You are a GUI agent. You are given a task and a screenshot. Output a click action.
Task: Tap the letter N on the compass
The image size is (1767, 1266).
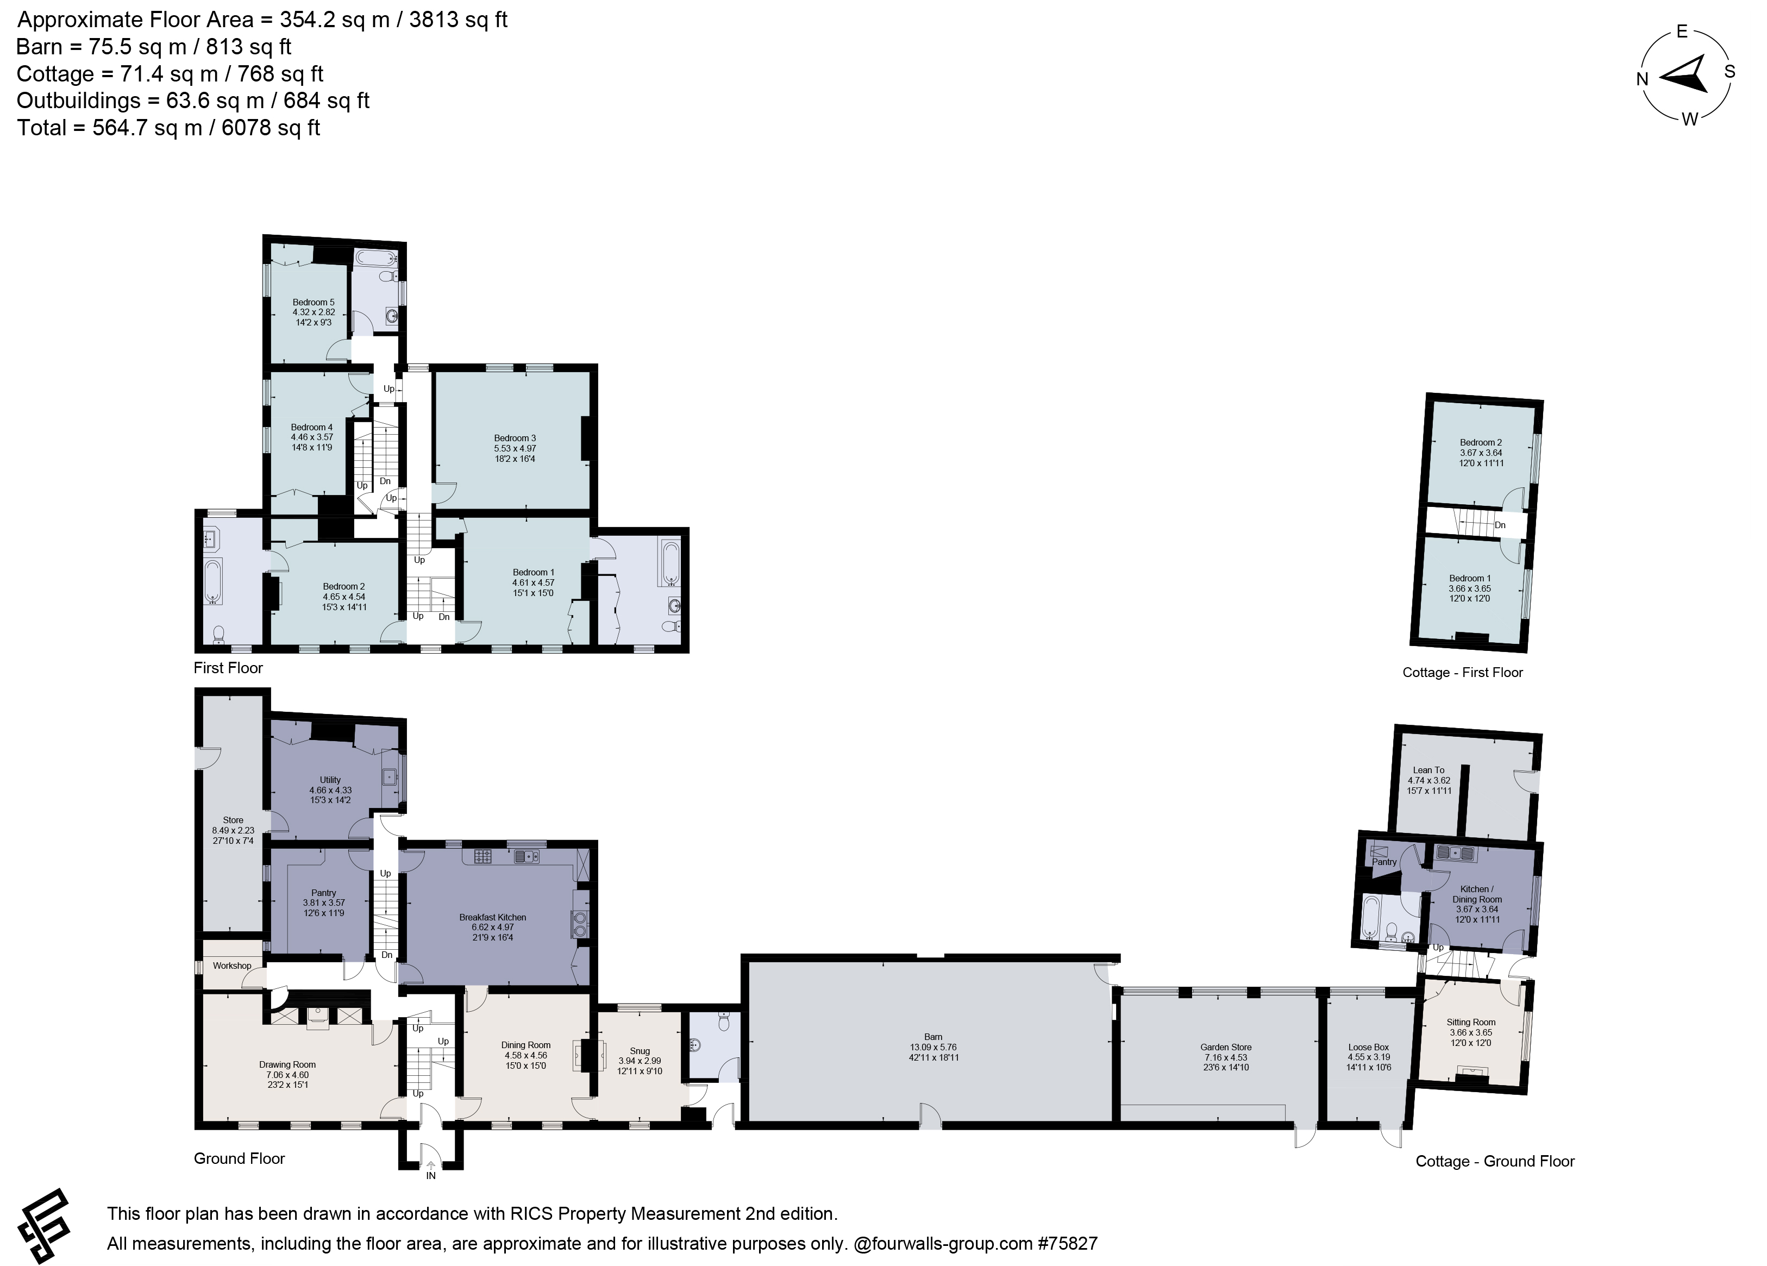click(1641, 79)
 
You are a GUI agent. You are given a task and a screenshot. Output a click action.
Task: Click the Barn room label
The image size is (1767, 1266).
click(932, 1037)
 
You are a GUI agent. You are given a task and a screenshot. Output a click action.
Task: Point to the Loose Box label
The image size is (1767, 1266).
click(1368, 1047)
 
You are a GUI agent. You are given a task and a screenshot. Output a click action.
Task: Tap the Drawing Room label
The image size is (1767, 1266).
click(287, 1064)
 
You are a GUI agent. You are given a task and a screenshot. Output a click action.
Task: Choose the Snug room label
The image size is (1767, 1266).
click(639, 1051)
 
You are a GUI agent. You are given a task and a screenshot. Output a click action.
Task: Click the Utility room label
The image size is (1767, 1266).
click(330, 779)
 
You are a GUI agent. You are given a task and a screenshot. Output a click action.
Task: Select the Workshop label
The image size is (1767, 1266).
click(231, 966)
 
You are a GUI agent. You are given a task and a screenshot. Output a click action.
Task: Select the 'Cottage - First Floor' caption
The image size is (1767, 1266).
click(1462, 672)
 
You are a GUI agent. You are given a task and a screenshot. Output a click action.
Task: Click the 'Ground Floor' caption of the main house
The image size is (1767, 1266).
click(239, 1158)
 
